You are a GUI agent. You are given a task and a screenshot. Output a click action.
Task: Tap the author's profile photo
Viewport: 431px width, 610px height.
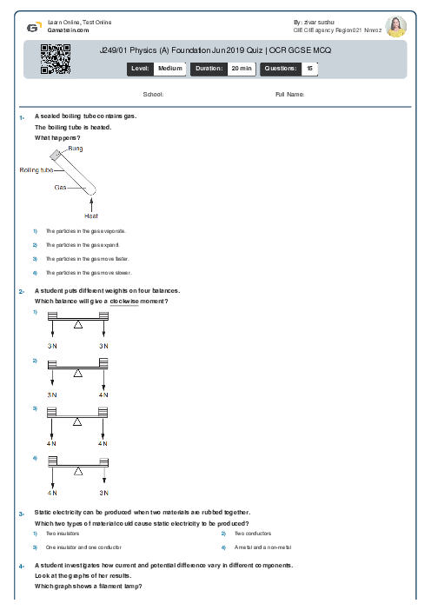click(395, 27)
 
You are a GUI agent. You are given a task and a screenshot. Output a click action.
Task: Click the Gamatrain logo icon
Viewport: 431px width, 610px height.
click(33, 26)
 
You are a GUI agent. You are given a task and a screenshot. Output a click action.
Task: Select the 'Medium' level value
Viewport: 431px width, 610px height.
click(170, 67)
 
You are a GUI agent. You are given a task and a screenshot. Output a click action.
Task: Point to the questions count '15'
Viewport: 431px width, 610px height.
click(309, 67)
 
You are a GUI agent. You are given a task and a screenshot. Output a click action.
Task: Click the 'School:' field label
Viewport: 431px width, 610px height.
click(153, 94)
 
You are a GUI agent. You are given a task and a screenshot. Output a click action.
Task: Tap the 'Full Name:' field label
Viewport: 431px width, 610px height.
click(289, 94)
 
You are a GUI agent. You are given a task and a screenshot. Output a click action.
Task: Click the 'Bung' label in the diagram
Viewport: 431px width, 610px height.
click(76, 149)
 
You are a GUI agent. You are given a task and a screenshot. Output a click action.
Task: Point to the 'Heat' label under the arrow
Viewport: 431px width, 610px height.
click(91, 215)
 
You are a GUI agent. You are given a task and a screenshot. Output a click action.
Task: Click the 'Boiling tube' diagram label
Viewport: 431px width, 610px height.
click(36, 170)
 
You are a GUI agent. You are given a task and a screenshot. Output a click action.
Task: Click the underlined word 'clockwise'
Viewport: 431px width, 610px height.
click(124, 301)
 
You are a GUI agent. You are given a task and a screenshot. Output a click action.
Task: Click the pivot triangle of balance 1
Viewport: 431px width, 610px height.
click(78, 324)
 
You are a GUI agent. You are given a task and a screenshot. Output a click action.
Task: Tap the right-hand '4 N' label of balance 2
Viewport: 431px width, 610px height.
click(103, 395)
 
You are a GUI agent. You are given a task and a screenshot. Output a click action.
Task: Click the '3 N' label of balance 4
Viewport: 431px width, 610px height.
click(103, 492)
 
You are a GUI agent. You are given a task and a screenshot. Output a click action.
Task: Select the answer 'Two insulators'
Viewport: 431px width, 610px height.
click(61, 534)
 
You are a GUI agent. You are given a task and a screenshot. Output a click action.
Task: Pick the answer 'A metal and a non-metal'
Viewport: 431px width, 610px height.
click(262, 547)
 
